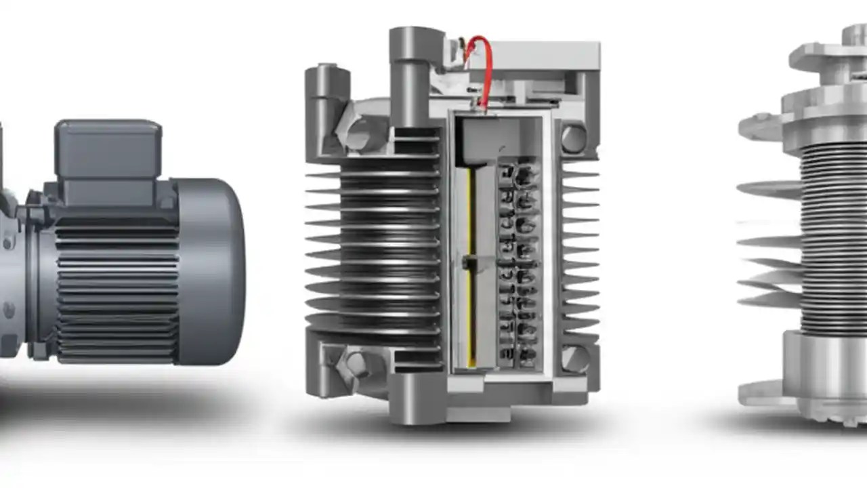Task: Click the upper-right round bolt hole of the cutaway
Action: click(573, 138)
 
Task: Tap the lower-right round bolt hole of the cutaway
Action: click(574, 359)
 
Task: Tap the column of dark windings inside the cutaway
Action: click(519, 264)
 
